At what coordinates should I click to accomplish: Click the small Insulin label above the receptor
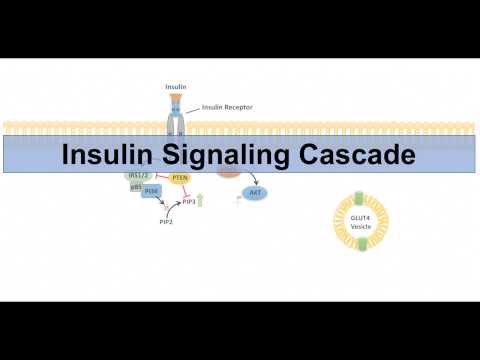click(x=175, y=87)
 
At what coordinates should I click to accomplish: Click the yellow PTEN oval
click(x=180, y=178)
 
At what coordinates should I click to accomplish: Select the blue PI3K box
click(x=151, y=191)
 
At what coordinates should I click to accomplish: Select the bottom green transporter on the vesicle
click(x=362, y=244)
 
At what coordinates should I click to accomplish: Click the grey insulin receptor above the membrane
click(x=175, y=121)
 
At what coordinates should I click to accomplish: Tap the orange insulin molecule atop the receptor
click(x=175, y=99)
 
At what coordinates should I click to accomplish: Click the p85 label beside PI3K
click(x=136, y=187)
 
